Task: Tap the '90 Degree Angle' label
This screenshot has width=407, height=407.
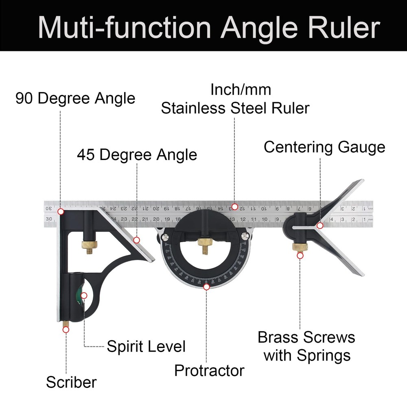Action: click(75, 98)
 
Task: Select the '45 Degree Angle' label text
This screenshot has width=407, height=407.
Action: click(137, 155)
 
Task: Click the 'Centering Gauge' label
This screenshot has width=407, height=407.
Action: click(324, 147)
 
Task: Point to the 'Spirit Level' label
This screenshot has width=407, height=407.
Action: click(146, 346)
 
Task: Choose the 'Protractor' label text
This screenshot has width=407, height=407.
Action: click(209, 371)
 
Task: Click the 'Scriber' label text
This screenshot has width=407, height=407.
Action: click(71, 383)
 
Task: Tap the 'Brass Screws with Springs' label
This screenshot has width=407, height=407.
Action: click(306, 346)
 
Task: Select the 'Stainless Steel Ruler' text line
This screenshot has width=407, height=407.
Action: click(235, 108)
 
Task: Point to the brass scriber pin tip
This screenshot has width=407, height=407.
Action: click(65, 325)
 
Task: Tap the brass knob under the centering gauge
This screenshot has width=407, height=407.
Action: click(299, 247)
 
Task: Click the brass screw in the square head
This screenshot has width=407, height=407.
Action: click(89, 246)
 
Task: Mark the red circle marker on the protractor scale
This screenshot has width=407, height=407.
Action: click(207, 287)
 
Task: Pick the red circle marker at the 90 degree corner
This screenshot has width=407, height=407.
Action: click(61, 211)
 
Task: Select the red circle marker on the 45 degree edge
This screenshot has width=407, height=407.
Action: click(137, 240)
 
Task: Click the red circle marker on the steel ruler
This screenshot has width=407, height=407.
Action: click(234, 206)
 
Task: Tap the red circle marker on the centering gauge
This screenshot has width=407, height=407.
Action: click(320, 225)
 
